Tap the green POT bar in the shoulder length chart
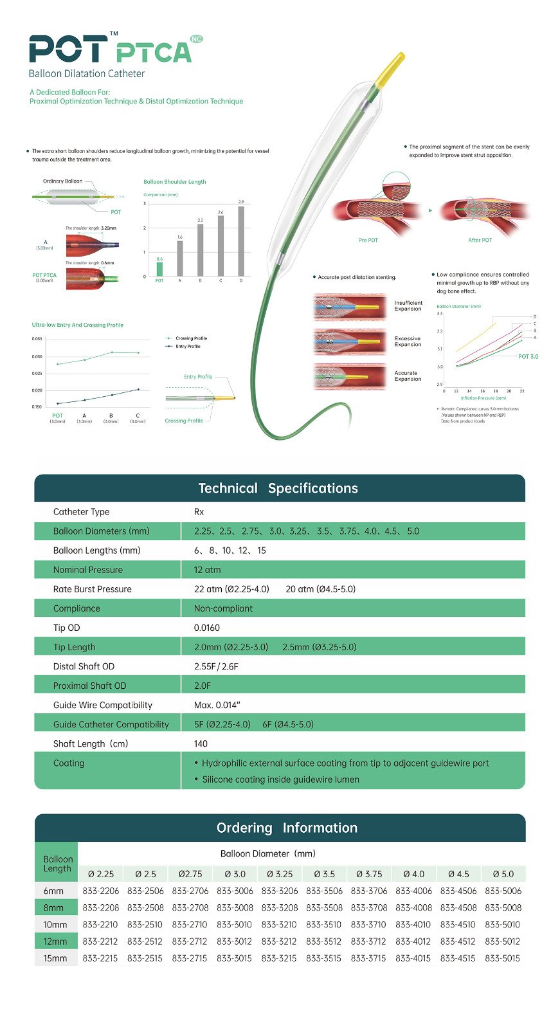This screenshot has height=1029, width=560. point(159,269)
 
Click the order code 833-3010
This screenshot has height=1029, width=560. point(235,924)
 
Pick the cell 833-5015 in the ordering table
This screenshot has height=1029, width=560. point(503,958)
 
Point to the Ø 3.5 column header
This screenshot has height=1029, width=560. point(324,874)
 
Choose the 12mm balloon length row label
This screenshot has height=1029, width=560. point(55,941)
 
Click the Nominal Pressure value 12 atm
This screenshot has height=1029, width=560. point(207,570)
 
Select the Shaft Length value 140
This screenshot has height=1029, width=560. point(201,743)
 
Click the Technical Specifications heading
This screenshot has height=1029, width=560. point(278,488)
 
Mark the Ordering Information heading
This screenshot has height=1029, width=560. point(287,828)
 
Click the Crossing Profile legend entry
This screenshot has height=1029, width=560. point(191,338)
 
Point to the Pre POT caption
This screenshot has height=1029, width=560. point(368,240)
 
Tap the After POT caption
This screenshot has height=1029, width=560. point(480,240)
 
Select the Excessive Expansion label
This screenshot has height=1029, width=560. point(408,341)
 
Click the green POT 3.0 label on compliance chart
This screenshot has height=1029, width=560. point(528,356)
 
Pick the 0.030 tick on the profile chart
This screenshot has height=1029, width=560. point(37,356)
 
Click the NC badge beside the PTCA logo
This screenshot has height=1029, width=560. point(197,39)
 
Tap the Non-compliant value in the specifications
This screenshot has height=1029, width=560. point(223,608)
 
